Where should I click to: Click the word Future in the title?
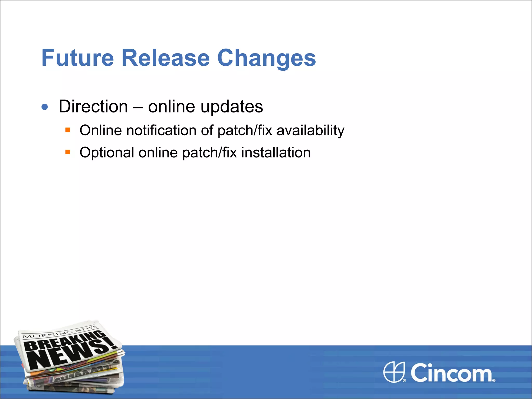(x=77, y=58)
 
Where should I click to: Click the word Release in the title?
(x=165, y=58)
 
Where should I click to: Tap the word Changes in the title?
(x=266, y=58)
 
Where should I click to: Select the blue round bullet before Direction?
(x=45, y=107)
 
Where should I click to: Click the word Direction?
(x=93, y=107)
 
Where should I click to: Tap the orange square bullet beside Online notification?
(x=68, y=130)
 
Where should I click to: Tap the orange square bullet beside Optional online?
(x=68, y=152)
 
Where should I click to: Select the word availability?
(x=310, y=131)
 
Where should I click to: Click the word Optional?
(x=107, y=153)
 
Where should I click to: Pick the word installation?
(x=276, y=152)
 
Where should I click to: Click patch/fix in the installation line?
(x=209, y=153)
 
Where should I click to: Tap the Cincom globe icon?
(x=394, y=372)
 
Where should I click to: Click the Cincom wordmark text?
(x=451, y=373)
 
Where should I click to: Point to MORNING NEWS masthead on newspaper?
(x=60, y=332)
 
